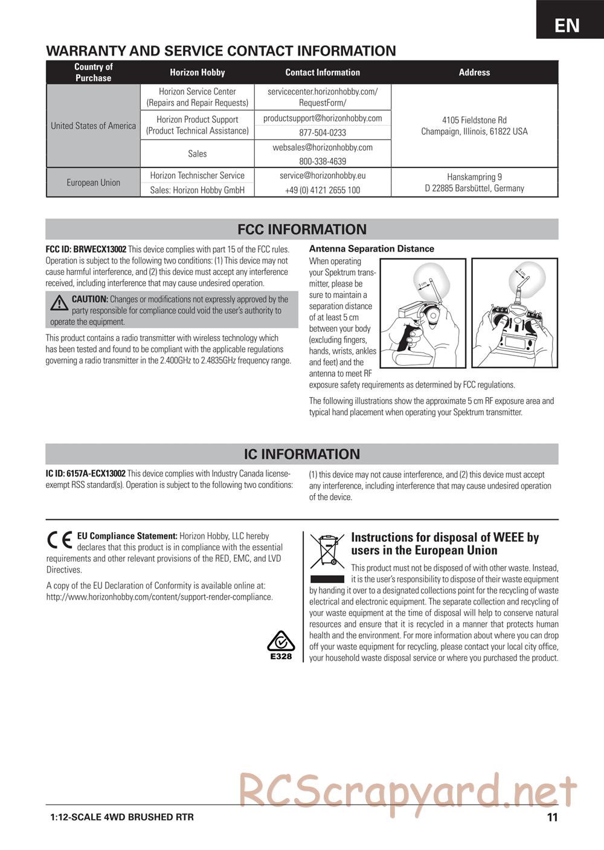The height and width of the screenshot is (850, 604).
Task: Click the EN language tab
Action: pyautogui.click(x=567, y=25)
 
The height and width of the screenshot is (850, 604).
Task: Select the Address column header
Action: pyautogui.click(x=474, y=73)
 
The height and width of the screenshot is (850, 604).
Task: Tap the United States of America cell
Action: pyautogui.click(x=93, y=126)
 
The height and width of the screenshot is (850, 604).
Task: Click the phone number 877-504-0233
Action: pyautogui.click(x=323, y=132)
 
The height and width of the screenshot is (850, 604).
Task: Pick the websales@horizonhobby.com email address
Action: pyautogui.click(x=323, y=148)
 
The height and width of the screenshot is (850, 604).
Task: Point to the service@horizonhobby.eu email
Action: pyautogui.click(x=323, y=175)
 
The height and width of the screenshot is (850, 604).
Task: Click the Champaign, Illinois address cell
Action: pyautogui.click(x=474, y=126)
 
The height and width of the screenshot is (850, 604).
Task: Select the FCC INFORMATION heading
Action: pyautogui.click(x=302, y=230)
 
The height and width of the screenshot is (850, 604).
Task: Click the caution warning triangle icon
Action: pyautogui.click(x=59, y=303)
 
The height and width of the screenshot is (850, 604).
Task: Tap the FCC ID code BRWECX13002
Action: pyautogui.click(x=86, y=249)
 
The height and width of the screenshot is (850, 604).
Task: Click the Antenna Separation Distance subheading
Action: pyautogui.click(x=371, y=248)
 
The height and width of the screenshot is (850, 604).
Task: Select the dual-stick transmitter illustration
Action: pyautogui.click(x=515, y=314)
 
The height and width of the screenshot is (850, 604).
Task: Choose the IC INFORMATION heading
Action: pyautogui.click(x=302, y=454)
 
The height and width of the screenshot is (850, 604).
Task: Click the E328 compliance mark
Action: pyautogui.click(x=281, y=644)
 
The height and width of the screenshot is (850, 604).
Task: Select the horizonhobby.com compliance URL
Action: pyautogui.click(x=159, y=597)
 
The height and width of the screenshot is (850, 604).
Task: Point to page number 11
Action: pyautogui.click(x=552, y=817)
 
